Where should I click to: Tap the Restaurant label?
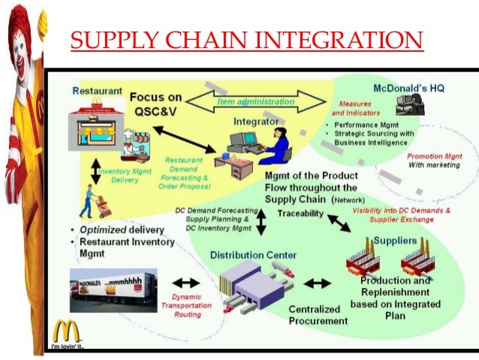point(96,91)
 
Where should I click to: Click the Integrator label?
point(255,120)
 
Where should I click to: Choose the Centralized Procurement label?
point(318,315)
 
